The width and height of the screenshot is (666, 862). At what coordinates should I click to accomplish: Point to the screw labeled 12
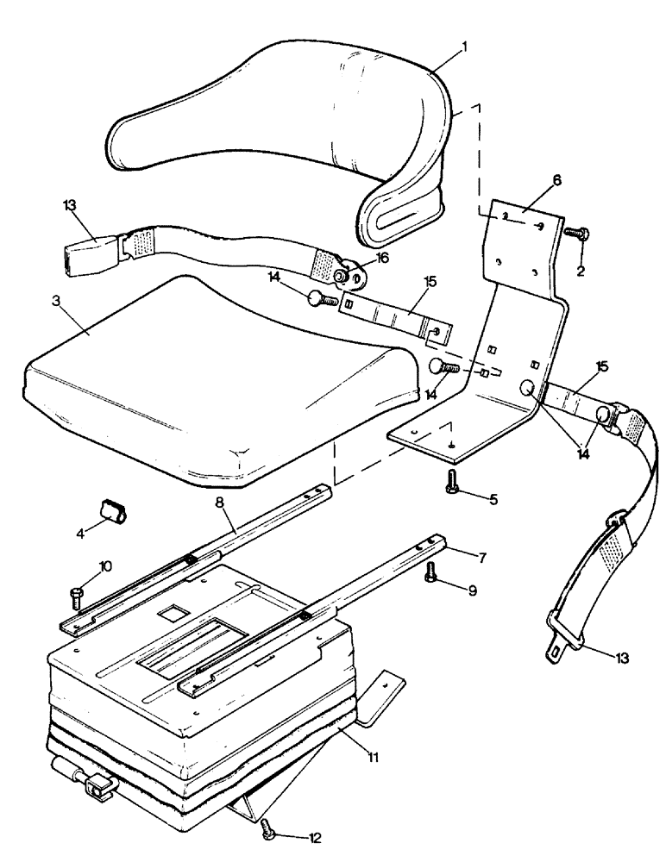[268, 828]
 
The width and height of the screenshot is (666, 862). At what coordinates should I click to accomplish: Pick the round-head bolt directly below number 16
[321, 300]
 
